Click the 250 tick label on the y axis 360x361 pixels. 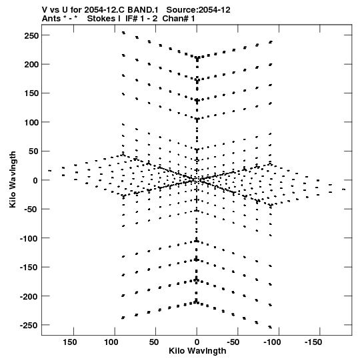point(31,35)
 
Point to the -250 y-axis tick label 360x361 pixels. point(29,326)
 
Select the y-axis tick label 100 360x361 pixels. point(31,123)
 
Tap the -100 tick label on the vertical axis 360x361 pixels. point(29,238)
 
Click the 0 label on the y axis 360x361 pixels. point(35,180)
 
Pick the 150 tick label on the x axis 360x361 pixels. point(70,342)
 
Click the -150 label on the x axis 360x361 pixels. point(313,342)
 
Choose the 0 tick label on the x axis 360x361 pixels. point(197,342)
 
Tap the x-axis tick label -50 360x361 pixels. point(233,342)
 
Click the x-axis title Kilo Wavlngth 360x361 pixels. point(197,351)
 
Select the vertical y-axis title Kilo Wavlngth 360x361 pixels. point(13,179)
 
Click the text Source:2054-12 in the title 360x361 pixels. point(198,10)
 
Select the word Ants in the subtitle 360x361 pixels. point(51,19)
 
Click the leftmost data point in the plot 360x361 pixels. point(50,171)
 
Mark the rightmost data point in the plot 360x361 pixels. point(344,190)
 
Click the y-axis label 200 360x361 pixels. point(31,65)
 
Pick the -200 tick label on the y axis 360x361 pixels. point(29,296)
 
